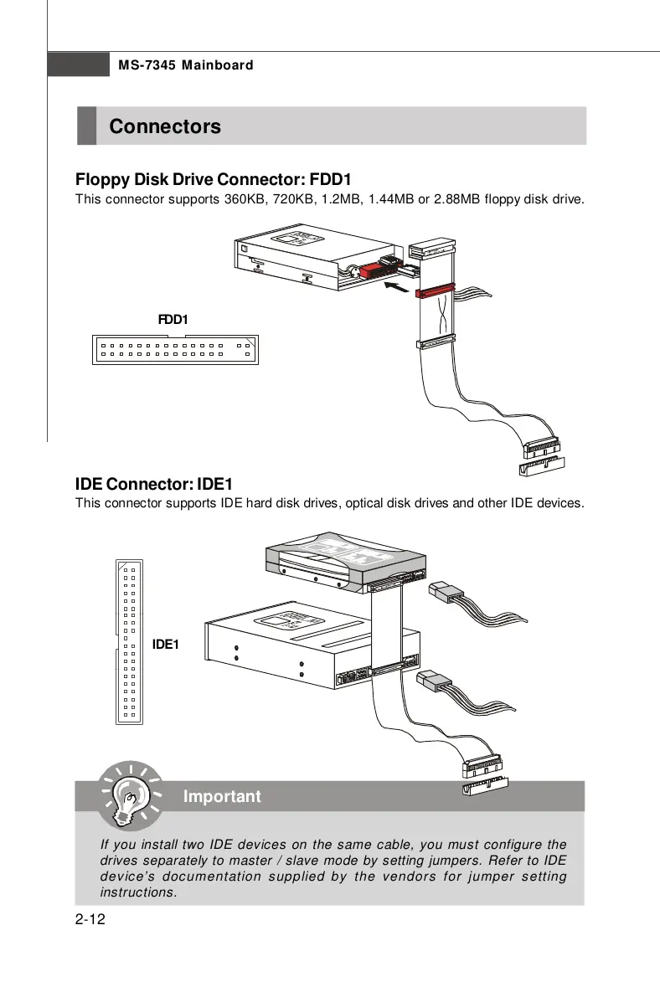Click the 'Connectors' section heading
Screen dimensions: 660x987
165,126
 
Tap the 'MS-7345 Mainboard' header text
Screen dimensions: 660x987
185,65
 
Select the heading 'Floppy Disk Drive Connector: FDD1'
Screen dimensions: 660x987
213,179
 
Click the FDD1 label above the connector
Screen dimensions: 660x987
173,320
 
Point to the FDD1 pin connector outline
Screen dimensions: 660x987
174,349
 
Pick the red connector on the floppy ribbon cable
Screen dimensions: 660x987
435,292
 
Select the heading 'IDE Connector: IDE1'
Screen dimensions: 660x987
154,484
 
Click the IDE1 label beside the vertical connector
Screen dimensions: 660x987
165,644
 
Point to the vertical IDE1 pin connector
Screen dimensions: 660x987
128,640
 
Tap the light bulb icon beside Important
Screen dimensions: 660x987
127,794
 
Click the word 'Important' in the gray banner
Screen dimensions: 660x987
222,796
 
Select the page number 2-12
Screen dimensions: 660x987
90,921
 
